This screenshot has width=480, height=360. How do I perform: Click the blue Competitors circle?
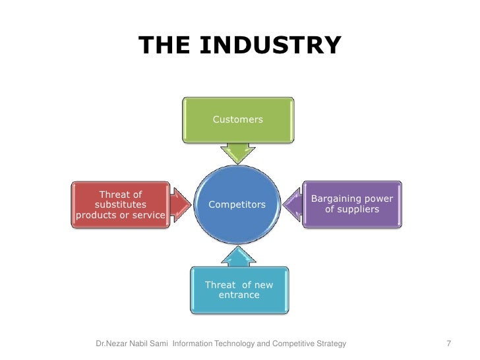237,205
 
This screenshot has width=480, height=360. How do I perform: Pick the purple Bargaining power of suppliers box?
352,204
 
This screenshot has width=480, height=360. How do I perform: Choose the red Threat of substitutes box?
121,205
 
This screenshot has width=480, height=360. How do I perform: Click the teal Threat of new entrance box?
239,290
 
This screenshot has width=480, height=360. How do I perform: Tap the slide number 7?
448,344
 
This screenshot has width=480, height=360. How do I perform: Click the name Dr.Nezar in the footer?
113,344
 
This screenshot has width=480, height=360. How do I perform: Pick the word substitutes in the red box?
121,205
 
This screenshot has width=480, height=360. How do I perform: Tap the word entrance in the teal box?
239,295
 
